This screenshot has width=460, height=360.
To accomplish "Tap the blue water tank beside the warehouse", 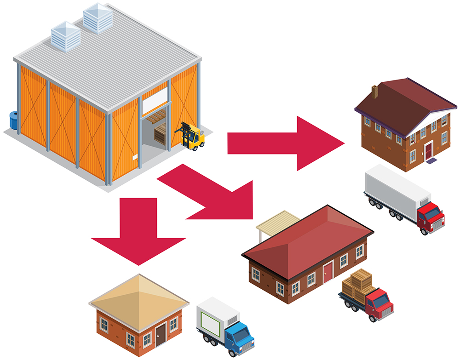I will pyautogui.click(x=14, y=120).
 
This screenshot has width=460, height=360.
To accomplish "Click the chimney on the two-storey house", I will pyautogui.click(x=375, y=91).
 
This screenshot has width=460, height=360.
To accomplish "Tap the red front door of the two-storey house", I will pyautogui.click(x=428, y=151).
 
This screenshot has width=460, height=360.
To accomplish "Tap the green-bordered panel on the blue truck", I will pyautogui.click(x=209, y=322).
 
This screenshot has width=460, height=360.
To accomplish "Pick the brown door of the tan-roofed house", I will pyautogui.click(x=161, y=334).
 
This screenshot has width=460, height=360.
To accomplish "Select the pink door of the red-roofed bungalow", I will pyautogui.click(x=328, y=272).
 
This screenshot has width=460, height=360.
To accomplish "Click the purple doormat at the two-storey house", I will pyautogui.click(x=431, y=161).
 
